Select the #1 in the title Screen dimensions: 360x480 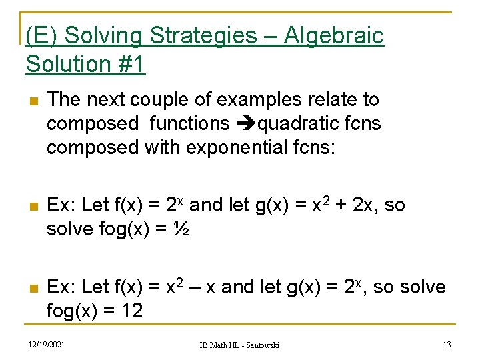click(x=130, y=65)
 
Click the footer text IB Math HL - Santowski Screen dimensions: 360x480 click(x=240, y=345)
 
